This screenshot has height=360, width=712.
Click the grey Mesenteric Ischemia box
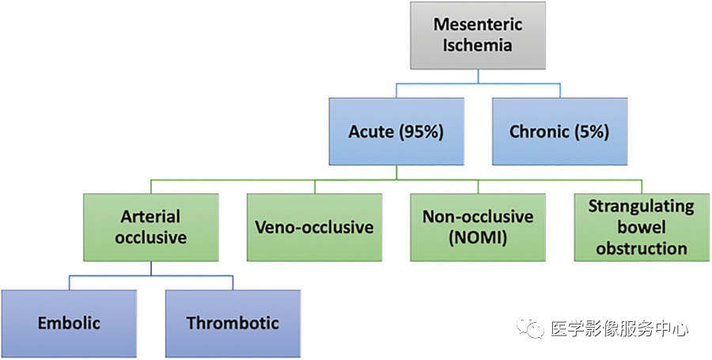point(478,36)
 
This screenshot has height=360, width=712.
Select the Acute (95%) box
point(396,131)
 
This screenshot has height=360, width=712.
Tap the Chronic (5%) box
point(560,131)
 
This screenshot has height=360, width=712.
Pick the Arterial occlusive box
point(151,227)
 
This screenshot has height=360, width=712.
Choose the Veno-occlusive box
point(314,227)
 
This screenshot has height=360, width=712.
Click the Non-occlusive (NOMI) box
point(478,227)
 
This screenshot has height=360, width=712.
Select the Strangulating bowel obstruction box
point(642,227)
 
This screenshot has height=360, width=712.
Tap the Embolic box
point(69,324)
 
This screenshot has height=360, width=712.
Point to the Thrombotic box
point(233,324)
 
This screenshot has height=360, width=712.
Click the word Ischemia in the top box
point(478,45)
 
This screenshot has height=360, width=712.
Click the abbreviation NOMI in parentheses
point(478,238)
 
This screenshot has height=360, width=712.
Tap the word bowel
point(642,227)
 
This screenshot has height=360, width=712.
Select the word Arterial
point(151,217)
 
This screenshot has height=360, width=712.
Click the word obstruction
point(642,248)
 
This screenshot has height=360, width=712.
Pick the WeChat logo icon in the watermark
point(529,328)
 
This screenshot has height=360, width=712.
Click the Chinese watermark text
point(619,328)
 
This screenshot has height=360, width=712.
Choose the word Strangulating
point(642,207)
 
